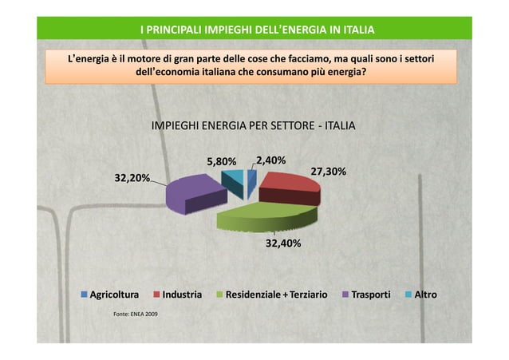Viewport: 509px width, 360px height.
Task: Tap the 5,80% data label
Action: tap(221, 162)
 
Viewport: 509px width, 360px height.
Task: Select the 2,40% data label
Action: tap(270, 160)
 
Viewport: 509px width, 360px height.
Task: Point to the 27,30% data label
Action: tap(327, 171)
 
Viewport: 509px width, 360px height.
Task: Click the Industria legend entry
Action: tap(181, 295)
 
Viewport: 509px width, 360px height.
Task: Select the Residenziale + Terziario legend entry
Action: tap(276, 295)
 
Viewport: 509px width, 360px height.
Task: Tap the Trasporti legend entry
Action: tap(372, 295)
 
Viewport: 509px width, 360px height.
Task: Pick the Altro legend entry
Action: tap(425, 295)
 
